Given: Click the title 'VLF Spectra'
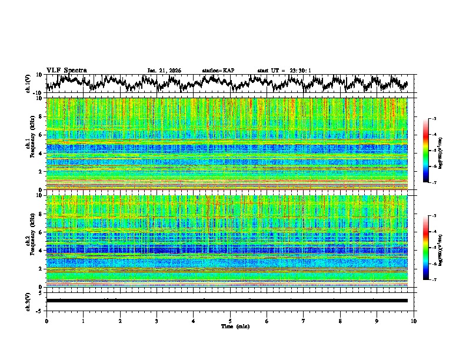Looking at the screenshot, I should tap(66, 71).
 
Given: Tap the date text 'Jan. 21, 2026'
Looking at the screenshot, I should tap(164, 71).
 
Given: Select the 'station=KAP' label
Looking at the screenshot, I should tap(218, 71).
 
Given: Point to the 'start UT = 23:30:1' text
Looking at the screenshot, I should tap(284, 71).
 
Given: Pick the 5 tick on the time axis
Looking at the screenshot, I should tap(230, 321).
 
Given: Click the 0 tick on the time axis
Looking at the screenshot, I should tap(46, 321).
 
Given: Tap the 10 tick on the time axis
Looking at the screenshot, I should tap(414, 321).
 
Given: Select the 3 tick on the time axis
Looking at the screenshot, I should tap(157, 321).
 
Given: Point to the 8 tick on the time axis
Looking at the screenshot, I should tap(340, 321).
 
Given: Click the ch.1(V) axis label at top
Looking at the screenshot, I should tap(28, 84).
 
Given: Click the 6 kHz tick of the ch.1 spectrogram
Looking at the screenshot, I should tap(41, 135).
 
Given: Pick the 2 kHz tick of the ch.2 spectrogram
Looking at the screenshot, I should tap(41, 269).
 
